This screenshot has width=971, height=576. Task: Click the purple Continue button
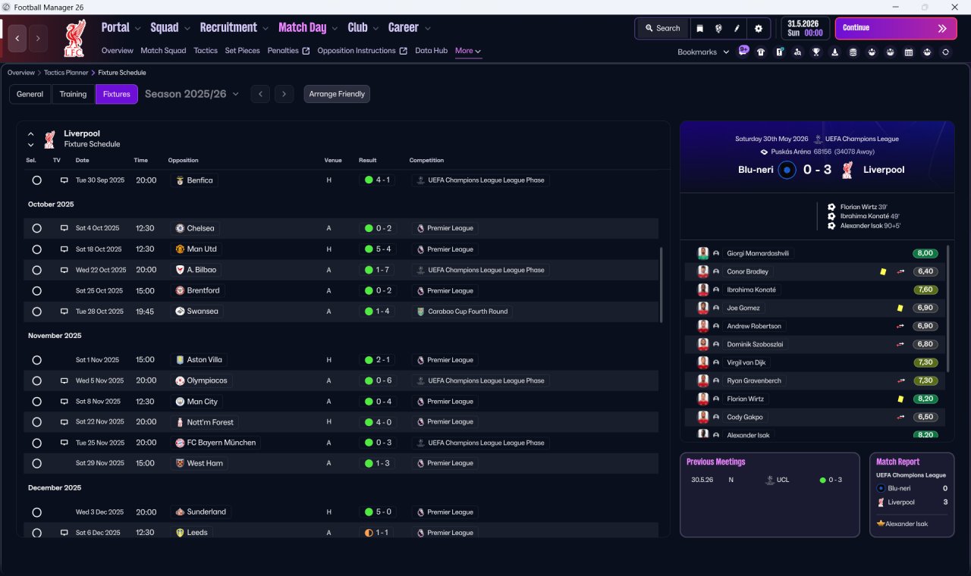point(896,28)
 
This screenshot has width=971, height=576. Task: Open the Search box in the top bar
point(663,28)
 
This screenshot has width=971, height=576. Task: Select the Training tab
point(73,94)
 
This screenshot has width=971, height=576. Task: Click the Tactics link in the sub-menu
point(206,51)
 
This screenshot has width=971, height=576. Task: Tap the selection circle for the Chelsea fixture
point(37,228)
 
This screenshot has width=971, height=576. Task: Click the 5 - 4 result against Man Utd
point(378,249)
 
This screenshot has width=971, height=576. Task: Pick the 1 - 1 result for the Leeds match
point(378,533)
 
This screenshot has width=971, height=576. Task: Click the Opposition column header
point(183,160)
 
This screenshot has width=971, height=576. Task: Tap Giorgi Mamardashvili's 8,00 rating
point(925,253)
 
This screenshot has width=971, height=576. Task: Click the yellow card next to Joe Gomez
point(900,308)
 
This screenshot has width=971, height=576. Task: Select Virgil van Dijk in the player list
point(746,362)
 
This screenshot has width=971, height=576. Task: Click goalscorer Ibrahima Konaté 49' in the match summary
point(869,216)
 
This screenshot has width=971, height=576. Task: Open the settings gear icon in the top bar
point(758,29)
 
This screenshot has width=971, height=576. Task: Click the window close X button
point(954,7)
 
